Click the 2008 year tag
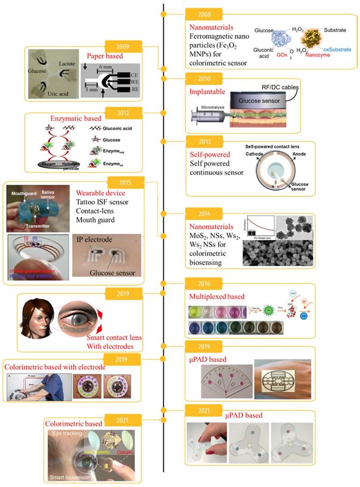201,13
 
